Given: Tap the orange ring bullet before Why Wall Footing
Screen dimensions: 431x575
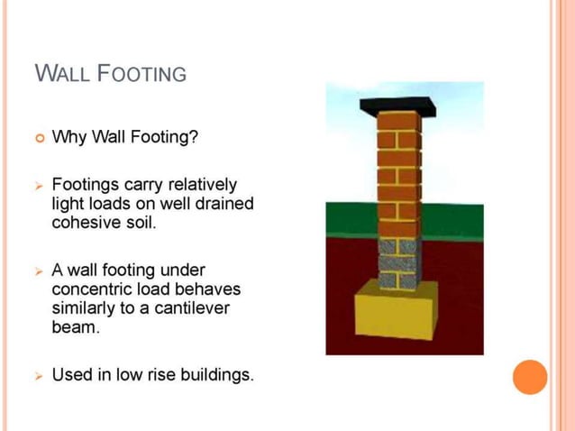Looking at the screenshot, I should click(39, 138).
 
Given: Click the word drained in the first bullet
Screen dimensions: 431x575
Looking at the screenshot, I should click(224, 203).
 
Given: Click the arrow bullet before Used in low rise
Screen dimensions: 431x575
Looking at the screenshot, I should click(39, 374).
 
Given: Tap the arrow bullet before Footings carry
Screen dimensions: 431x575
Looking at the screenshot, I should click(39, 185).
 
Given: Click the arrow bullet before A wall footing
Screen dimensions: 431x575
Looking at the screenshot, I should click(39, 271).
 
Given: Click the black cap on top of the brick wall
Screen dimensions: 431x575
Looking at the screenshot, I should click(397, 105).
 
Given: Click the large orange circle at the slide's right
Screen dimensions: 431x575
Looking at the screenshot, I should click(530, 377).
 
